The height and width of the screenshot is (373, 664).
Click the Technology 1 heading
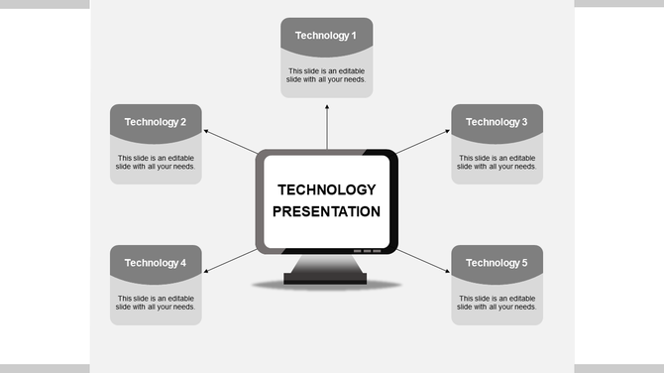pyautogui.click(x=326, y=36)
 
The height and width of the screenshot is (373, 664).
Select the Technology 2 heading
pyautogui.click(x=156, y=122)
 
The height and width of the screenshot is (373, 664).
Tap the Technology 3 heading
pyautogui.click(x=497, y=122)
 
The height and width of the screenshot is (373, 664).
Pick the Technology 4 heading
pyautogui.click(x=156, y=263)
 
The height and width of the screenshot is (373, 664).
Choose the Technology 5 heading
pyautogui.click(x=497, y=263)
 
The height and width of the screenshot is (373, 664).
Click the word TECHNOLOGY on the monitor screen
pyautogui.click(x=326, y=189)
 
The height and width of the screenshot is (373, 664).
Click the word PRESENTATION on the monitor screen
pyautogui.click(x=326, y=211)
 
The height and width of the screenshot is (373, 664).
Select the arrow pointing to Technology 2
pyautogui.click(x=230, y=141)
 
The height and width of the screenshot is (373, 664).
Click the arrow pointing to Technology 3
pyautogui.click(x=423, y=141)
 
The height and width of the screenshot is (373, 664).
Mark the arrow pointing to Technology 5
pyautogui.click(x=423, y=262)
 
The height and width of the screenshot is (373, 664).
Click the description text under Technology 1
pyautogui.click(x=326, y=75)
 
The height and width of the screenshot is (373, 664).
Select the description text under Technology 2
pyautogui.click(x=156, y=162)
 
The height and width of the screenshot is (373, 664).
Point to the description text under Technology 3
pyautogui.click(x=497, y=162)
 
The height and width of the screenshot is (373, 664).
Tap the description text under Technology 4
pyautogui.click(x=156, y=303)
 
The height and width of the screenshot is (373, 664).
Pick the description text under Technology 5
pyautogui.click(x=497, y=303)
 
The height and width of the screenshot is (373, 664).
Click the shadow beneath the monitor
pyautogui.click(x=326, y=287)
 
